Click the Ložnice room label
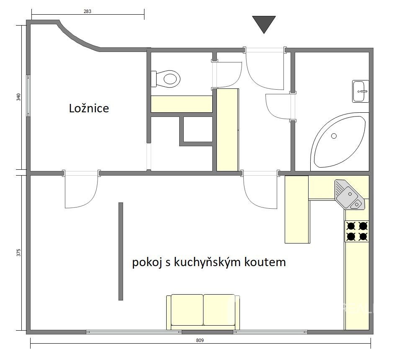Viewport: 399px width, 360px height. pyautogui.click(x=89, y=108)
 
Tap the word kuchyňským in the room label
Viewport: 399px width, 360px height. pyautogui.click(x=208, y=262)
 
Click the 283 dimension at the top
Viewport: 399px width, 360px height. pyautogui.click(x=87, y=11)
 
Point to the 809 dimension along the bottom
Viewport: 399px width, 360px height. pyautogui.click(x=200, y=340)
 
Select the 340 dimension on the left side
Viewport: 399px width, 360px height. pyautogui.click(x=18, y=97)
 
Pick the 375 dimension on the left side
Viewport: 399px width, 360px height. pyautogui.click(x=18, y=252)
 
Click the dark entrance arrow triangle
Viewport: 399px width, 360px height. pyautogui.click(x=264, y=24)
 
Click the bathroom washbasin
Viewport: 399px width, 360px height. pyautogui.click(x=360, y=91)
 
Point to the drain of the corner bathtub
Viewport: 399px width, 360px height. pyautogui.click(x=334, y=136)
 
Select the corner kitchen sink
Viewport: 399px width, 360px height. pyautogui.click(x=349, y=194)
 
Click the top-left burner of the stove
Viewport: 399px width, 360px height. pyautogui.click(x=351, y=226)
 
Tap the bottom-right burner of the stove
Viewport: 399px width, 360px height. pyautogui.click(x=363, y=237)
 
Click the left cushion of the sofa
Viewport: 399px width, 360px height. pyautogui.click(x=187, y=310)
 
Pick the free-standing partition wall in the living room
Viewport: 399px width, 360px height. pyautogui.click(x=121, y=251)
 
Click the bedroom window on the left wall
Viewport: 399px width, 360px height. pyautogui.click(x=28, y=96)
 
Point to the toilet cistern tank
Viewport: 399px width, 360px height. pyautogui.click(x=153, y=79)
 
